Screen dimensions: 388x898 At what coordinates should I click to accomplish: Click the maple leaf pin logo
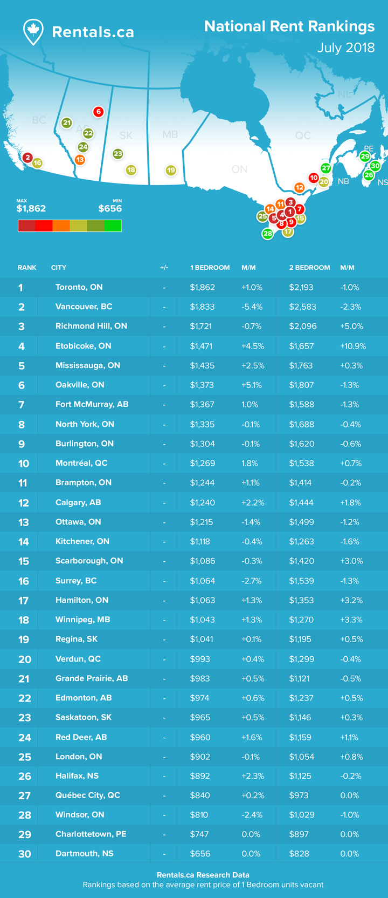pyautogui.click(x=33, y=32)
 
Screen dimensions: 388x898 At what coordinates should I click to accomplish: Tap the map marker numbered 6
pyautogui.click(x=99, y=112)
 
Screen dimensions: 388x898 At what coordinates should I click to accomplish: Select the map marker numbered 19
pyautogui.click(x=171, y=171)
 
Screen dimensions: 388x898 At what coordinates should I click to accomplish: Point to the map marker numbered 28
pyautogui.click(x=267, y=233)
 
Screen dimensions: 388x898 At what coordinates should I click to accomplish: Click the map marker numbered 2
pyautogui.click(x=27, y=158)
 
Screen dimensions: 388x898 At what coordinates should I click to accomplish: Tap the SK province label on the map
pyautogui.click(x=126, y=135)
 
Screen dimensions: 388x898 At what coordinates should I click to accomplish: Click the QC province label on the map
pyautogui.click(x=303, y=135)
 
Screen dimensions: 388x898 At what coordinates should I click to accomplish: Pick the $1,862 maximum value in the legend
pyautogui.click(x=31, y=208)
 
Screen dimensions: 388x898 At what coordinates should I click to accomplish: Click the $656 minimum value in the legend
pyautogui.click(x=110, y=208)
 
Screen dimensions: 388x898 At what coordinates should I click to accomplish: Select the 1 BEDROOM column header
pyautogui.click(x=210, y=267)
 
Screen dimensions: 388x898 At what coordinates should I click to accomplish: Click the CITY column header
pyautogui.click(x=58, y=267)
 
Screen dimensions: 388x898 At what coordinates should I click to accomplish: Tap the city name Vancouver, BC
pyautogui.click(x=84, y=307)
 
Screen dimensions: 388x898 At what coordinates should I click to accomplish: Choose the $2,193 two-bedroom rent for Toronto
pyautogui.click(x=301, y=288)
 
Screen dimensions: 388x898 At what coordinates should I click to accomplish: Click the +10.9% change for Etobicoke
pyautogui.click(x=353, y=346)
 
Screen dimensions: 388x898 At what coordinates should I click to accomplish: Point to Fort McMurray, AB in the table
pyautogui.click(x=92, y=404)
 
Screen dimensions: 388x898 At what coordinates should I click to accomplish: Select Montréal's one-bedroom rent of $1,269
pyautogui.click(x=203, y=464)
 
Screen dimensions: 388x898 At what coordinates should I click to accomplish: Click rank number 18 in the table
pyautogui.click(x=24, y=620)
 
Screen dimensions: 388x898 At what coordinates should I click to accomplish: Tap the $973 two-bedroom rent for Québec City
pyautogui.click(x=299, y=795)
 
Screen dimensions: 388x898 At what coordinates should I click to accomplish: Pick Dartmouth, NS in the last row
pyautogui.click(x=85, y=854)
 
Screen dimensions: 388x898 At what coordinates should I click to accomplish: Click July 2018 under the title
pyautogui.click(x=346, y=47)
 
